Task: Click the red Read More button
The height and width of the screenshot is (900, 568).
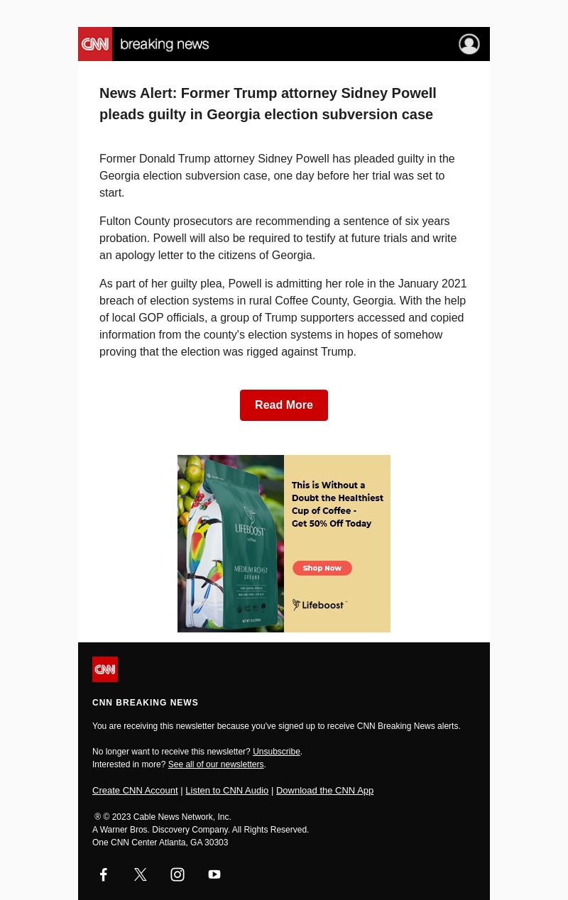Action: point(284,405)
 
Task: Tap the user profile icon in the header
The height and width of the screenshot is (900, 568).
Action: point(469,44)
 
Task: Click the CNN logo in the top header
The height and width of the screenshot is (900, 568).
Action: point(95,44)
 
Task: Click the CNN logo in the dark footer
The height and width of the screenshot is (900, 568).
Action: point(105,669)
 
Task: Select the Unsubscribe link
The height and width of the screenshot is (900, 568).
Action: point(276,752)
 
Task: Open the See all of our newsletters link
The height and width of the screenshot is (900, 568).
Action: point(215,764)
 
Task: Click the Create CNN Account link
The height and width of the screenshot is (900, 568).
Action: point(135,790)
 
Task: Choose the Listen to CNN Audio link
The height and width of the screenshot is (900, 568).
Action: point(226,790)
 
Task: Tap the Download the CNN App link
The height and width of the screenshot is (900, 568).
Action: point(324,790)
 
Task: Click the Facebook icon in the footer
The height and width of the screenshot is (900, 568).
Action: point(104,874)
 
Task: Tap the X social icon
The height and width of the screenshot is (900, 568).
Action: point(141,874)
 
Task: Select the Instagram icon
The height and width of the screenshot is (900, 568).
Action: point(177,874)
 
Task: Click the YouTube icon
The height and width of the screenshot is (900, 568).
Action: point(214,874)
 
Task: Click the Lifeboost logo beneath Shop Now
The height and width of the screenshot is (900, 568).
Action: point(319,605)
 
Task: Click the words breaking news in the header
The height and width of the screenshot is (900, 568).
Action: point(165,45)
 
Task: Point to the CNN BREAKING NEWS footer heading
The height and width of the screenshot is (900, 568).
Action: point(146,703)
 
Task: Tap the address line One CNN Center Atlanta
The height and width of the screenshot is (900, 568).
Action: point(160,843)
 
